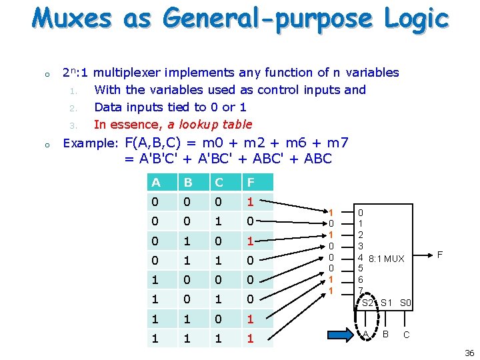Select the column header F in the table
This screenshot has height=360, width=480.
[250, 182]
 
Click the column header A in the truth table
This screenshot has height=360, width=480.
[155, 182]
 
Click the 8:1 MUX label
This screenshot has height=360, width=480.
[386, 259]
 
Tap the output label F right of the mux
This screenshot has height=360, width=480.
[439, 254]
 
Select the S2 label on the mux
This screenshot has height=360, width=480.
[367, 303]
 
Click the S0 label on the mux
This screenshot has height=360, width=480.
[406, 303]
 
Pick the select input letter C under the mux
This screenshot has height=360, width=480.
[407, 334]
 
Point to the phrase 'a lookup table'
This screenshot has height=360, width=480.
[210, 124]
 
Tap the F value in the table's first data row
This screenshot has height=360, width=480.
[250, 201]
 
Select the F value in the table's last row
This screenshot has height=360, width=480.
[250, 339]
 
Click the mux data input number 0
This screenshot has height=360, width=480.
[361, 211]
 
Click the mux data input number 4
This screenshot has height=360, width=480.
[361, 257]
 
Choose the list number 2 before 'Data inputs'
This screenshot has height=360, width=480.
[74, 107]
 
